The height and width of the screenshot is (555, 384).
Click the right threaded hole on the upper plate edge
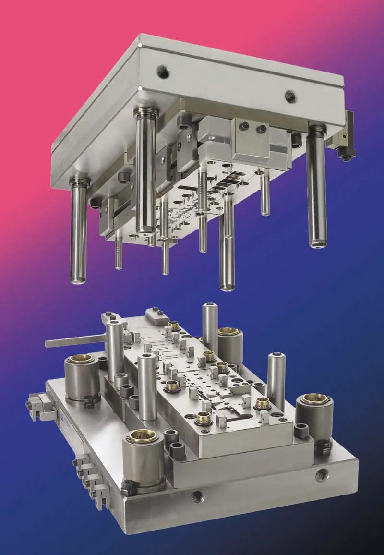(x=290, y=96)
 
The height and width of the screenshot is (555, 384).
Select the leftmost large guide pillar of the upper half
(x=79, y=230)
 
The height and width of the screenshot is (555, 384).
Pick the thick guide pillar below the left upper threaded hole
(x=145, y=173)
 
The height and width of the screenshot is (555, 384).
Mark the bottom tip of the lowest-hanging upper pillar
(x=228, y=288)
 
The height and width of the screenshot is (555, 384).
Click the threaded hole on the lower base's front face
(x=196, y=496)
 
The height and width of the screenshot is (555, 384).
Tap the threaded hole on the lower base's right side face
(x=320, y=476)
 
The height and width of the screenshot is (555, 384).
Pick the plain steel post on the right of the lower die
(x=276, y=380)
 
